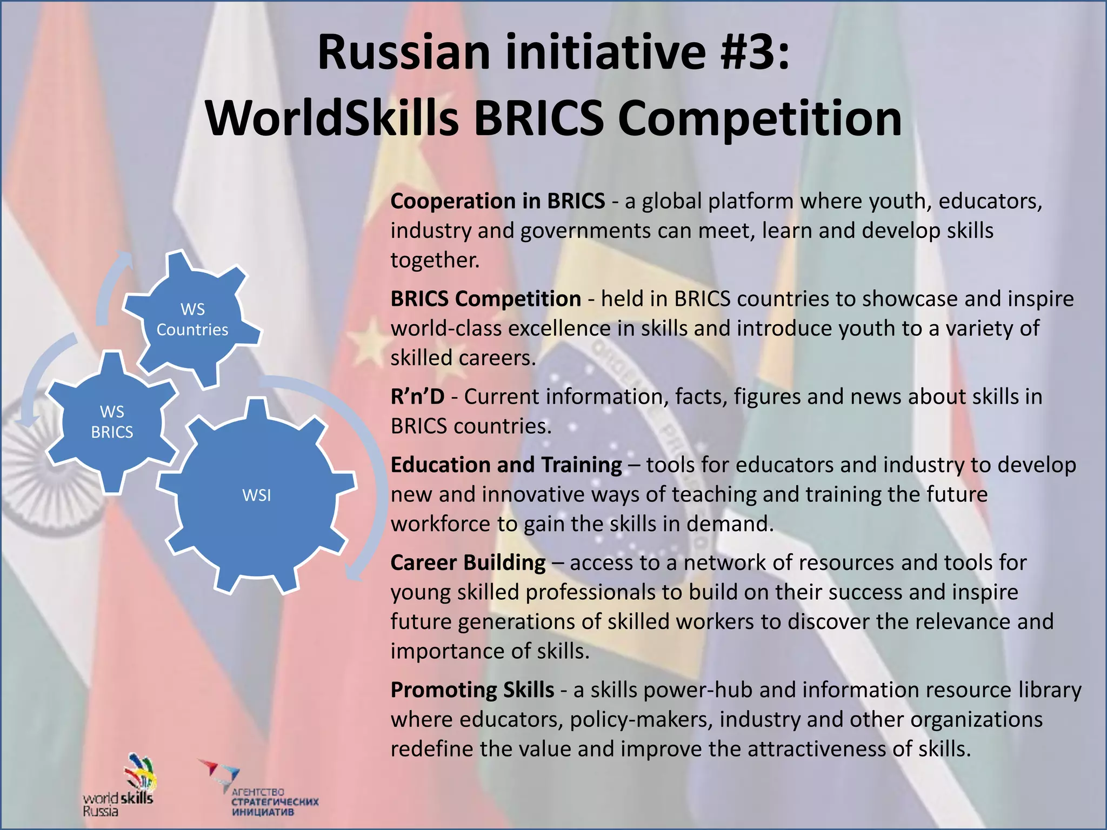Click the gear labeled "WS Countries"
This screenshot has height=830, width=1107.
point(192,319)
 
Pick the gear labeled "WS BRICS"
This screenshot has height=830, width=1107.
point(112,422)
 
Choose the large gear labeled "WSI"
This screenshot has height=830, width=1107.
point(257,495)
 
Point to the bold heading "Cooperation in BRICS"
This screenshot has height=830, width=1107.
point(497,201)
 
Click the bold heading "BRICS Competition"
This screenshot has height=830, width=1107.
point(485,299)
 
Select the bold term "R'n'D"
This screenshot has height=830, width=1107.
point(417,397)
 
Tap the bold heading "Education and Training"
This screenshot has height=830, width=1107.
point(506,465)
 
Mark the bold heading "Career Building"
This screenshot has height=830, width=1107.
point(468,563)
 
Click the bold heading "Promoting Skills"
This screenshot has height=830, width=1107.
point(472,690)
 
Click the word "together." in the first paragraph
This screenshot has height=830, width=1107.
point(435,260)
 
